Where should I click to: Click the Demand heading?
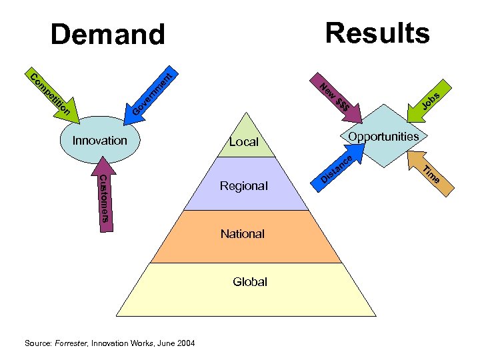[107, 35]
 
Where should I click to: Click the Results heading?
[377, 32]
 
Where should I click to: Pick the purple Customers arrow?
[104, 197]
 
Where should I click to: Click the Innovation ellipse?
[99, 141]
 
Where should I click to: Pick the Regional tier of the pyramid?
[243, 185]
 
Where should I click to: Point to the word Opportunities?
[383, 137]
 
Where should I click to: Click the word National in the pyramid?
[243, 234]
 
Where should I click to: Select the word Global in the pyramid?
[250, 282]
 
